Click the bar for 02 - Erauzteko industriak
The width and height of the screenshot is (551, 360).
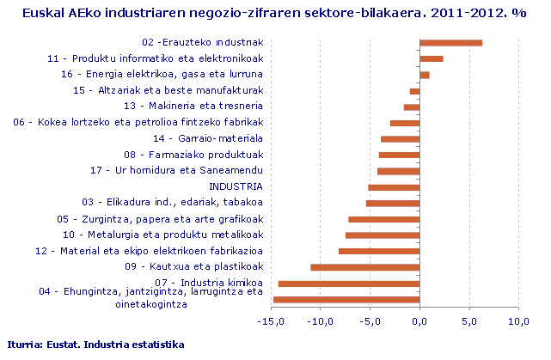(x=450, y=42)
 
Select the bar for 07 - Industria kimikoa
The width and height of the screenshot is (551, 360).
(x=349, y=284)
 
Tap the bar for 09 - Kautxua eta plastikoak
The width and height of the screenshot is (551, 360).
(x=364, y=267)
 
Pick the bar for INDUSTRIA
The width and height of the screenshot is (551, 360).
(x=394, y=187)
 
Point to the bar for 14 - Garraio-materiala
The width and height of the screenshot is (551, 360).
(x=400, y=139)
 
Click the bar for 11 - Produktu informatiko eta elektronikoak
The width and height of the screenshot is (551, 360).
(x=431, y=58)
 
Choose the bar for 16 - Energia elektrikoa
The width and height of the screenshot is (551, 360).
(x=425, y=75)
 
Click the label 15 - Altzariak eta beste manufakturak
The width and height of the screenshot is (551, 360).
(x=168, y=90)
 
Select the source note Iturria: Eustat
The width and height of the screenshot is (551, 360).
(x=95, y=345)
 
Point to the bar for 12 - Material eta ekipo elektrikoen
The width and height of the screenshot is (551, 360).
(x=379, y=251)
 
